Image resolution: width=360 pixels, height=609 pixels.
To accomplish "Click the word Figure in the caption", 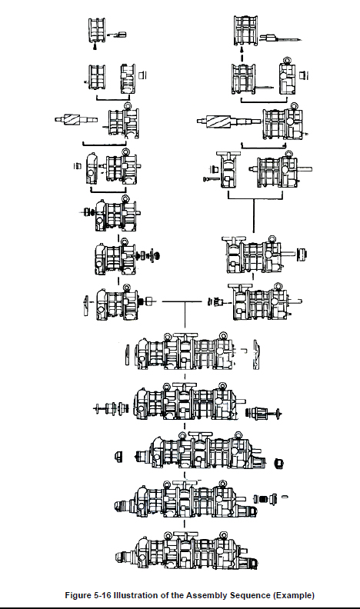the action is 78,595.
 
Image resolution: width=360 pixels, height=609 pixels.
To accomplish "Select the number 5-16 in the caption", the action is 102,595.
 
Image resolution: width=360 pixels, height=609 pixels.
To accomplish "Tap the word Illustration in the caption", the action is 135,595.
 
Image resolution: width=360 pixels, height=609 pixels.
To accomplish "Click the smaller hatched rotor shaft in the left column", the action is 76,119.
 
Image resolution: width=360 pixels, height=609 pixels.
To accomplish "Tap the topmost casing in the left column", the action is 97,30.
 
